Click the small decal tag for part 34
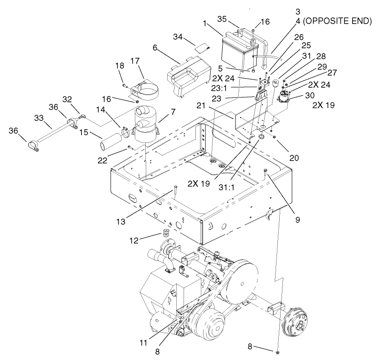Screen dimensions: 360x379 pyautogui.click(x=201, y=46)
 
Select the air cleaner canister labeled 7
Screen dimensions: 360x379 pyautogui.click(x=144, y=123)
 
